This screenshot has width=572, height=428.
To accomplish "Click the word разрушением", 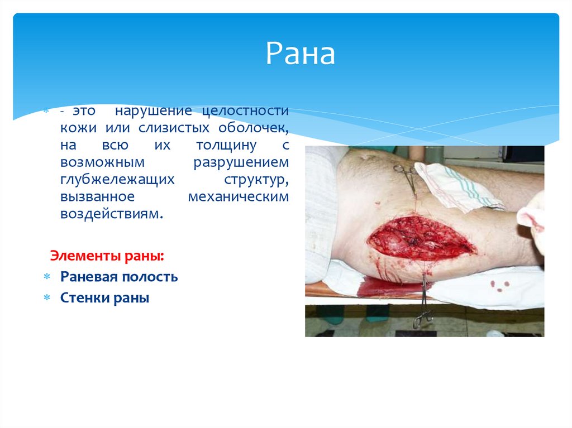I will tap(241, 162).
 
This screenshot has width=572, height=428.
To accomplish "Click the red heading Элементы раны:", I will tap(107, 256).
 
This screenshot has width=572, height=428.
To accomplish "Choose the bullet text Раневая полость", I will tap(119, 277).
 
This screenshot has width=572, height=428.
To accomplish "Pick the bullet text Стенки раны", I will tap(104, 298).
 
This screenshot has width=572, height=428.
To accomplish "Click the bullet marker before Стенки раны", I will tap(47, 298).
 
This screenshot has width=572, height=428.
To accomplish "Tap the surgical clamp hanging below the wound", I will tap(423, 310).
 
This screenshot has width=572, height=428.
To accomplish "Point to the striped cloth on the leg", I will tap(452, 184).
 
